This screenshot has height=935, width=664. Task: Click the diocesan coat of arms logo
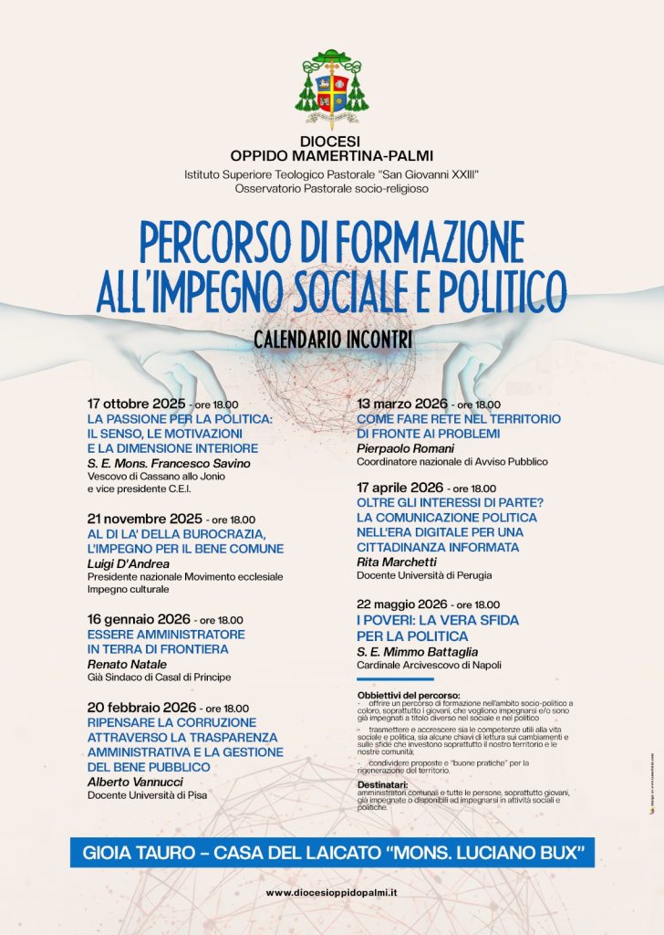coord(331,89)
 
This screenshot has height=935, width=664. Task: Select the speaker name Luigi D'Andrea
coord(129,563)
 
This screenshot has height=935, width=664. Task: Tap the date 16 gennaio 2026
coord(137,619)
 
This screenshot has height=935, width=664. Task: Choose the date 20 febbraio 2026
coord(141,707)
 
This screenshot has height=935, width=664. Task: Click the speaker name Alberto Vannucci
coord(137,782)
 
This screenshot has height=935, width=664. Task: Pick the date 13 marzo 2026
coord(402,404)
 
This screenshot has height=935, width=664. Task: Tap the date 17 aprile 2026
coord(401,488)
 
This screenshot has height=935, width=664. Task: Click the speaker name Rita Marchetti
coord(397,562)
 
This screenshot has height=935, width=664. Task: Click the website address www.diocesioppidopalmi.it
coord(331,892)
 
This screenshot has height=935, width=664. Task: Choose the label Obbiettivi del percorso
coord(410,695)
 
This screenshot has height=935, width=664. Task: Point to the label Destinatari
coord(382,783)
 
